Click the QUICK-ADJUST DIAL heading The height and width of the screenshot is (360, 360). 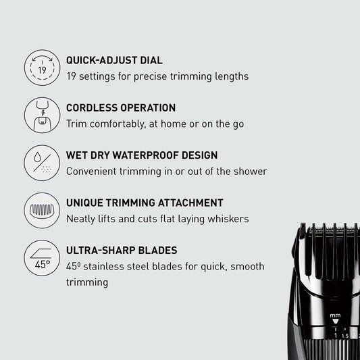pos(113,60)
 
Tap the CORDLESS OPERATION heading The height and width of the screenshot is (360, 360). pos(121,108)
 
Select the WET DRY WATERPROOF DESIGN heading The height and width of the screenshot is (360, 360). pos(142,155)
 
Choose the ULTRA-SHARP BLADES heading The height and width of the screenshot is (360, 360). pos(122,250)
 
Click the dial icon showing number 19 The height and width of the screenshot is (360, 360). pos(41,68)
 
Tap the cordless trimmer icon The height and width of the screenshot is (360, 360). pos(41,115)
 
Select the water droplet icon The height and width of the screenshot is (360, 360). pos(41,162)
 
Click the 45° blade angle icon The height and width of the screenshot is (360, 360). pos(41,257)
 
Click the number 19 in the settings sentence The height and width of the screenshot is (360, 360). pos(72,76)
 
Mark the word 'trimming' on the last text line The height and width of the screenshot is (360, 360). pos(87,282)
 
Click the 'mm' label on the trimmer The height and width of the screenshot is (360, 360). pos(336,315)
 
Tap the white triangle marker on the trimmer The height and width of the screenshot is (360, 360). pos(336,323)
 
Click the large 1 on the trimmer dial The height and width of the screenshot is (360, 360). pos(335,334)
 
